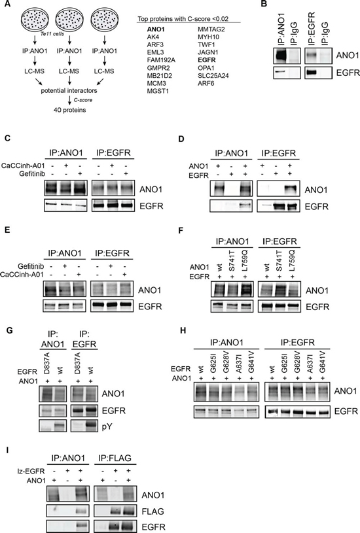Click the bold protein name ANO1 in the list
[x=156, y=29]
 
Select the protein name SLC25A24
[x=213, y=75]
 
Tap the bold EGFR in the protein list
[x=207, y=60]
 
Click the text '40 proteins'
[x=70, y=110]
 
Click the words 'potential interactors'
[x=69, y=91]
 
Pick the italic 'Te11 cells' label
[x=52, y=34]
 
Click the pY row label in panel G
[x=107, y=426]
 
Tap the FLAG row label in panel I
[x=153, y=511]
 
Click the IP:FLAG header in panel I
[x=115, y=458]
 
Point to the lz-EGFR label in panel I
[x=30, y=472]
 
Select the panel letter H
[x=183, y=330]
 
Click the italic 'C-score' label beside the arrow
[x=83, y=100]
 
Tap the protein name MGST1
[x=158, y=91]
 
